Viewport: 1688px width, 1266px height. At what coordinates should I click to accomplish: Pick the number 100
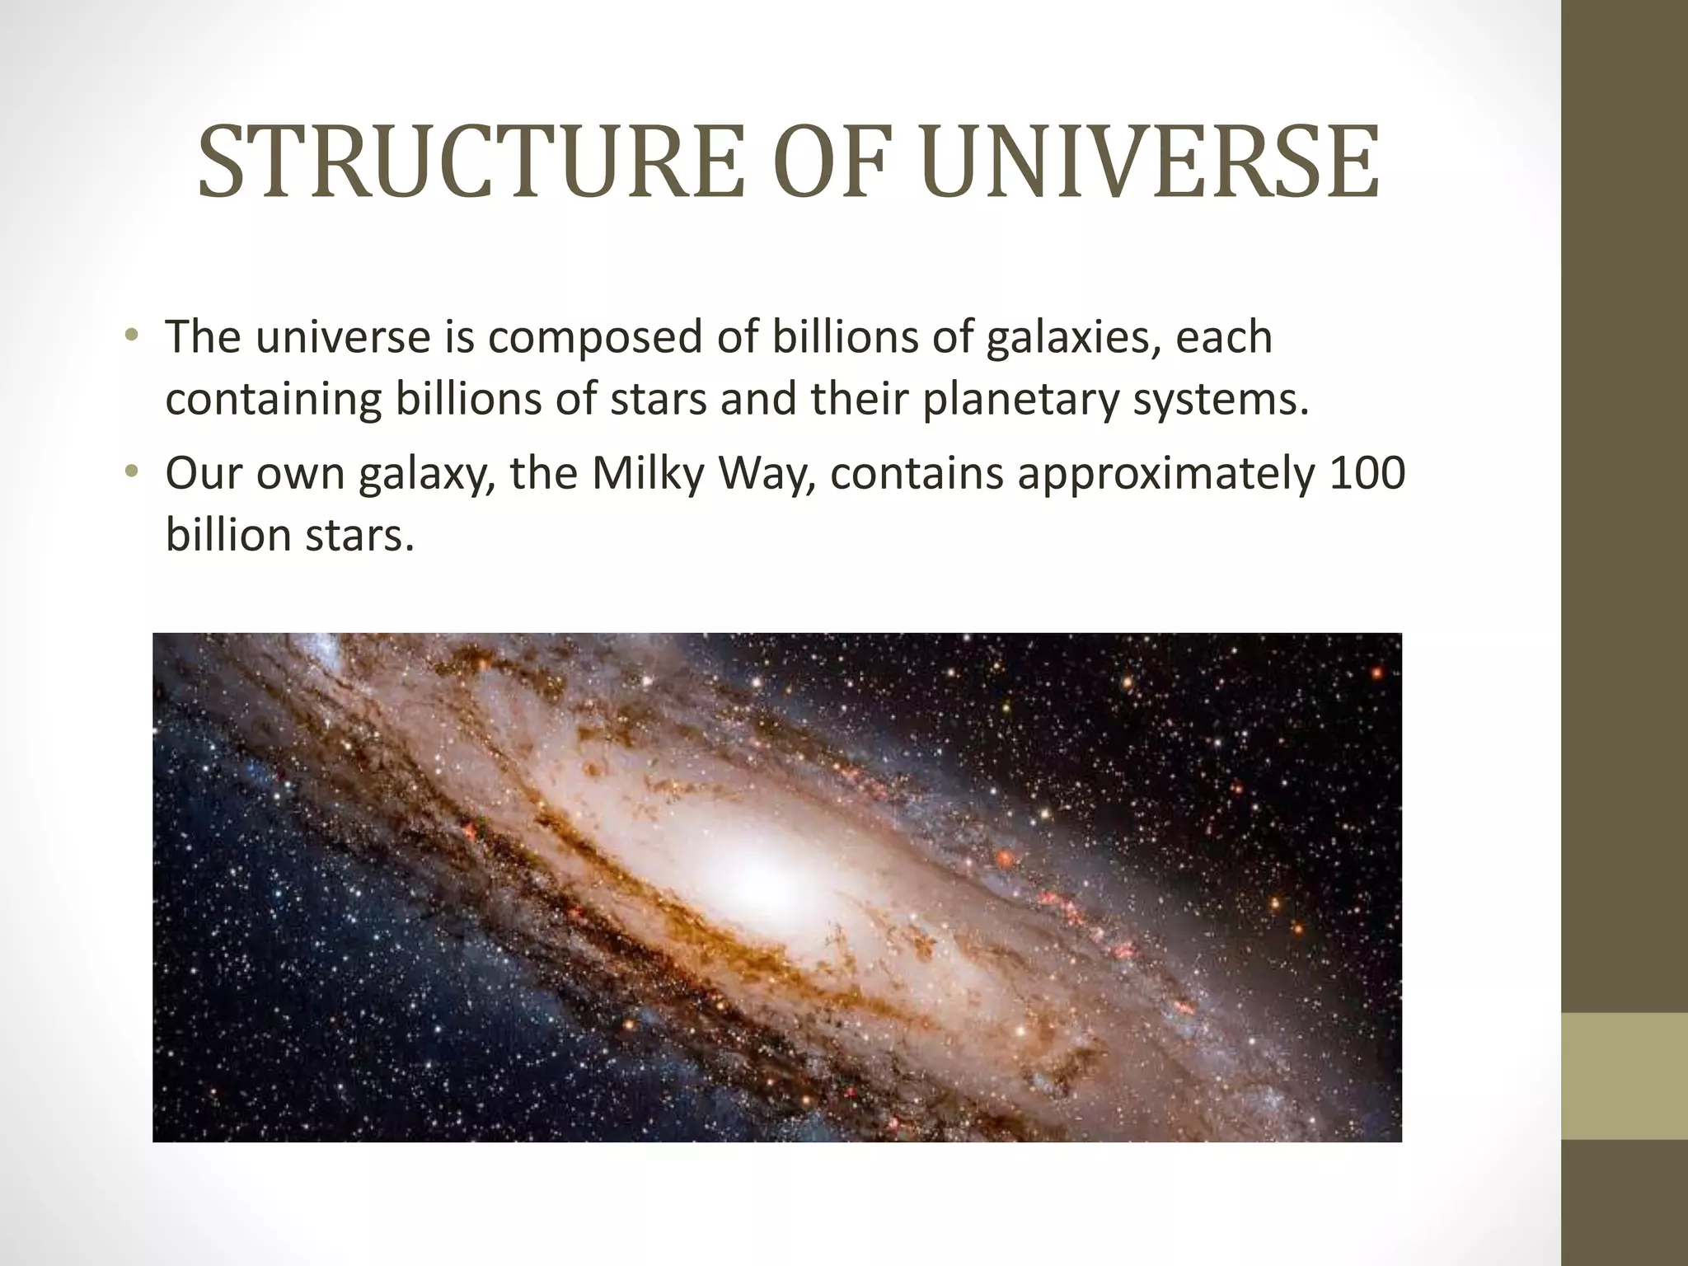(x=1368, y=473)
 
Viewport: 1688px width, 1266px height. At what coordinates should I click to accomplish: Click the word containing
(x=273, y=399)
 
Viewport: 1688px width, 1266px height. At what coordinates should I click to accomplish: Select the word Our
(x=203, y=473)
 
